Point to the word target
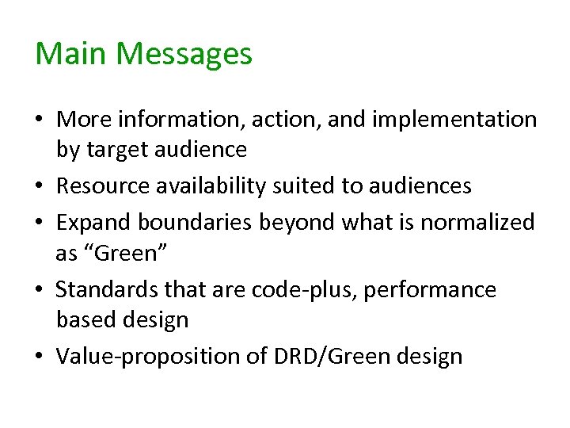point(116,149)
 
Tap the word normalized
point(477,223)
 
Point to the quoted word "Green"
point(94,253)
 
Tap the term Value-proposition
point(150,357)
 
